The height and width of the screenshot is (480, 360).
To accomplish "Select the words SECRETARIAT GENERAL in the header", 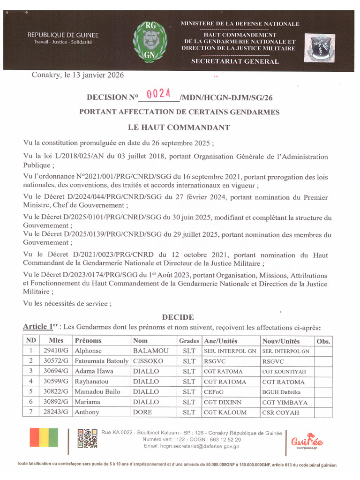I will [235, 61].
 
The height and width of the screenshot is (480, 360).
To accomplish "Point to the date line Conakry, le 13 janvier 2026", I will [78, 75].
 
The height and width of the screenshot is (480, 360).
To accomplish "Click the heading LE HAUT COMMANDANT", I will [179, 127].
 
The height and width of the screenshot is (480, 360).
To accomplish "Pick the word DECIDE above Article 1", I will [178, 317].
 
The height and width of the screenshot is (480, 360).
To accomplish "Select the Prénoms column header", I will [88, 341].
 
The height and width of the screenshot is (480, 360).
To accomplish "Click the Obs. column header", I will [323, 341].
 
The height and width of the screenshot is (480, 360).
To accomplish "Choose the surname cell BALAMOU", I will [150, 351].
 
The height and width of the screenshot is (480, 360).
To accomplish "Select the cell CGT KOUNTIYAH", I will [284, 371].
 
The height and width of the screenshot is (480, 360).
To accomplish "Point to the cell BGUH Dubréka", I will [281, 392].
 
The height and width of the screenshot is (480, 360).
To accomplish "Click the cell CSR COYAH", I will [281, 412].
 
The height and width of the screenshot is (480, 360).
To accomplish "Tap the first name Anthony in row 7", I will [87, 412].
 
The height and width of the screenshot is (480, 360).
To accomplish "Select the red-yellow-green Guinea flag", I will [44, 437].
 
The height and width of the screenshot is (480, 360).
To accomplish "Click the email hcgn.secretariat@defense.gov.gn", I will [192, 446].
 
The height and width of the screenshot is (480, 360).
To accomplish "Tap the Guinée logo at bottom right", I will [307, 441].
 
